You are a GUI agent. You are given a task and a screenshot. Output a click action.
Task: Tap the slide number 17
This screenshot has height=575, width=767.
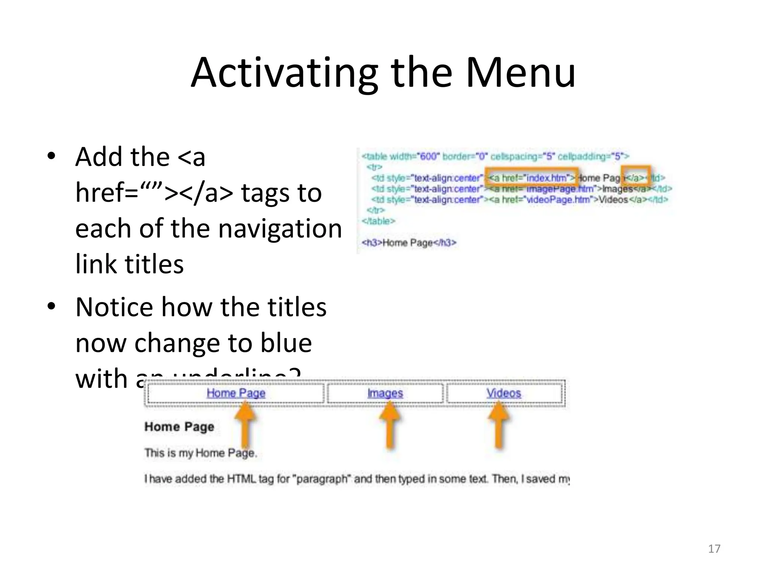point(714,549)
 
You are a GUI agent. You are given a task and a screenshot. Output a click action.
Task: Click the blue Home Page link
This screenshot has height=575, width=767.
point(236,393)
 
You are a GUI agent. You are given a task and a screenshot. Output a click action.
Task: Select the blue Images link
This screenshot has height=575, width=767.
point(385,393)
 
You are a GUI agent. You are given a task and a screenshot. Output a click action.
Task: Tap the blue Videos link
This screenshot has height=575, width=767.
point(504,393)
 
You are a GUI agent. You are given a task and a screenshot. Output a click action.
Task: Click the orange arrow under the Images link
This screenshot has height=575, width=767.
point(389,425)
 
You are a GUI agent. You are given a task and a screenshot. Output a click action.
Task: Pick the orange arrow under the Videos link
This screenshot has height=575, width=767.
point(498,425)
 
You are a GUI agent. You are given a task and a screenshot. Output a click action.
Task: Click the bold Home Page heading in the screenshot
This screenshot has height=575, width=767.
point(179,427)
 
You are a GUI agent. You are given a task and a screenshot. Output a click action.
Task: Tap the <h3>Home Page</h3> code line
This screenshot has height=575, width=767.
point(409,243)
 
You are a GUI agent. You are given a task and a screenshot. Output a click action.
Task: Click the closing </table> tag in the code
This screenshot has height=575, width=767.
point(378,221)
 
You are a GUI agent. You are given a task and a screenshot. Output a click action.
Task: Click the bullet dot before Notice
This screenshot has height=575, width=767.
point(51,306)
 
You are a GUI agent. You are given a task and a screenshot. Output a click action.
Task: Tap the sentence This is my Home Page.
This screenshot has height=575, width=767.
point(201,453)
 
